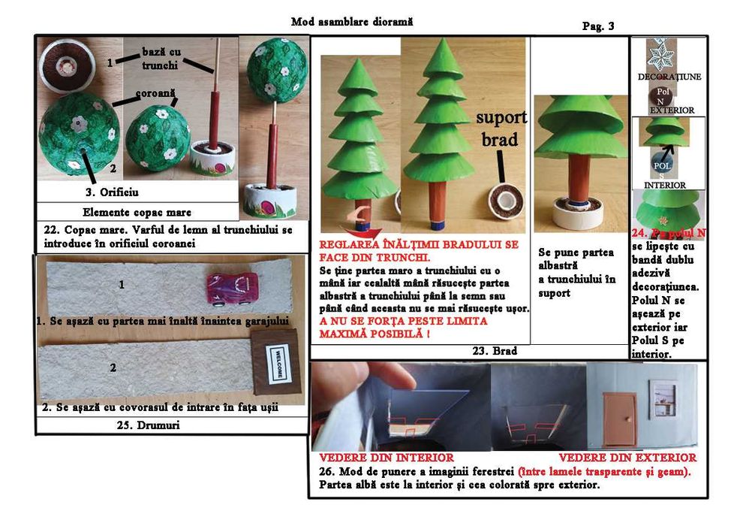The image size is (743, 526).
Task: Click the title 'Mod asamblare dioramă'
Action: click(x=351, y=22)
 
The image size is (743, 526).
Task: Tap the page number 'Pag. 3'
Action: click(x=598, y=26)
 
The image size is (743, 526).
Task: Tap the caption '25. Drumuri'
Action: click(x=170, y=425)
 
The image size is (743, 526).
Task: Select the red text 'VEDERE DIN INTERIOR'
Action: click(x=386, y=457)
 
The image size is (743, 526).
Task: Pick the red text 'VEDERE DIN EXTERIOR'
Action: click(x=627, y=457)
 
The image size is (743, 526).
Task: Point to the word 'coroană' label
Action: click(x=155, y=95)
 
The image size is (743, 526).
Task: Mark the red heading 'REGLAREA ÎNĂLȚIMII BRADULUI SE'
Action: click(x=419, y=244)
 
